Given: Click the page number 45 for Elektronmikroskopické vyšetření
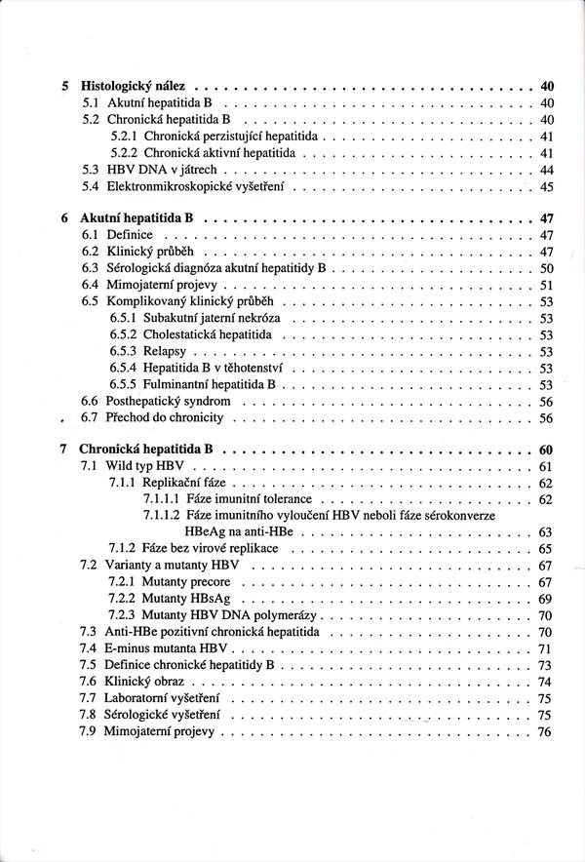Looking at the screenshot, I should (546, 186).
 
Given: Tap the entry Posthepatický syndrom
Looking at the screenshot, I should (169, 401).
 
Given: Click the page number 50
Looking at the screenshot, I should (546, 268).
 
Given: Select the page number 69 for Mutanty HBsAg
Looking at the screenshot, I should (546, 599).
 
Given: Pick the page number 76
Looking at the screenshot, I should (546, 731).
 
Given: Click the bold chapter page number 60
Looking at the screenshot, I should (546, 450).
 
